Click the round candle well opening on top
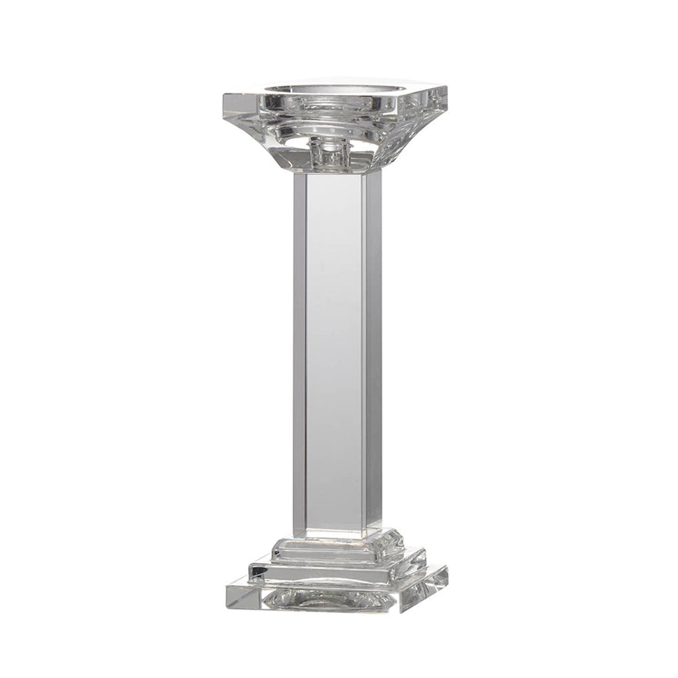pos(332,95)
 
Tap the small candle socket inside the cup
pos(329,151)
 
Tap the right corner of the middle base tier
pos(426,559)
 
